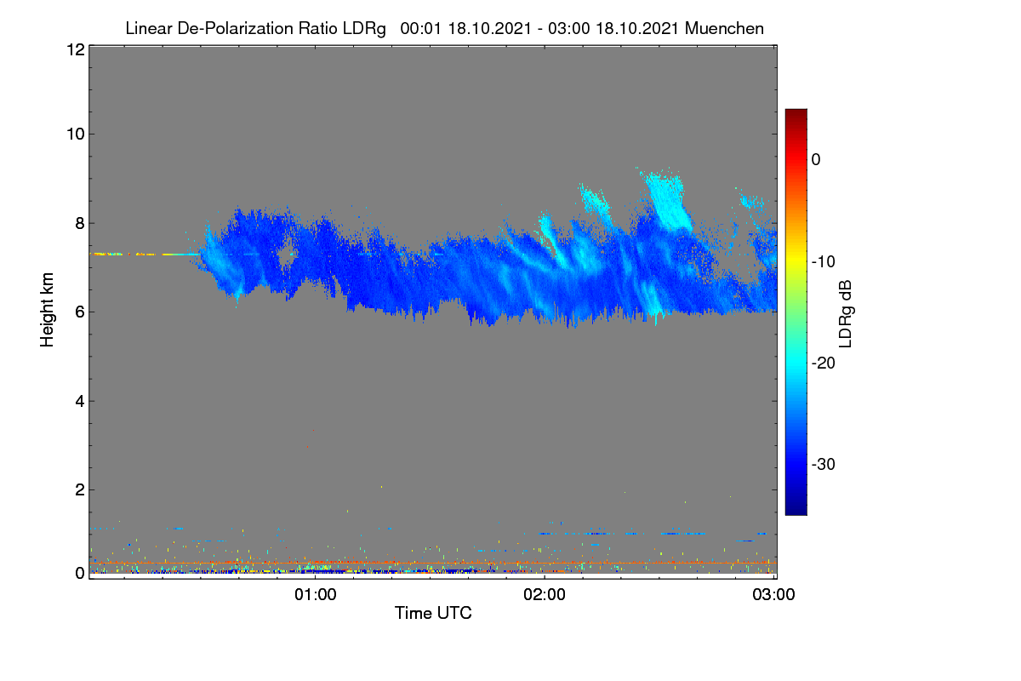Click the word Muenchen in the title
click(x=724, y=29)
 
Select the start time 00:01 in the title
click(x=420, y=29)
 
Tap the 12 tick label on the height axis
click(x=76, y=49)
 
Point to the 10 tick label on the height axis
click(x=76, y=134)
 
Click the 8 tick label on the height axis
click(x=80, y=224)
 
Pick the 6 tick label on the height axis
click(x=80, y=312)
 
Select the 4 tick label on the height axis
click(x=80, y=402)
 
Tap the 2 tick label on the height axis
click(x=80, y=489)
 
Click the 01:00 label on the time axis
click(x=315, y=594)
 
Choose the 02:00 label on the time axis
click(x=545, y=594)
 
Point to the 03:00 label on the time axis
click(x=773, y=594)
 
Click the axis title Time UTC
click(x=433, y=613)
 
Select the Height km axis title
click(x=47, y=310)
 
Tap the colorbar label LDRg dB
click(x=846, y=314)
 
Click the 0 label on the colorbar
click(x=816, y=160)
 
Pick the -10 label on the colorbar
click(x=824, y=262)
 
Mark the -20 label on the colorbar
click(x=824, y=363)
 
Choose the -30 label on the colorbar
click(x=824, y=464)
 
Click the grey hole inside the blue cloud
click(x=286, y=255)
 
